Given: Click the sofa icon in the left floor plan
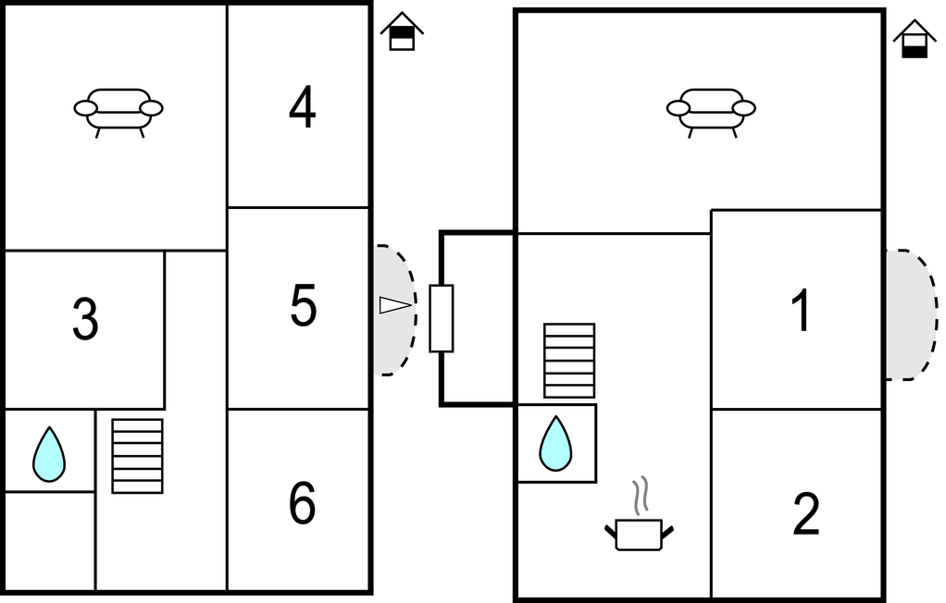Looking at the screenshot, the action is [x=118, y=113].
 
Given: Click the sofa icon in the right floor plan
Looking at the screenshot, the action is [x=711, y=113].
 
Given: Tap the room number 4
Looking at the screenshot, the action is [x=303, y=107].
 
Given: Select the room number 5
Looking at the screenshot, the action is [x=303, y=306].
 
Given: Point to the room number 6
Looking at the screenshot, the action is [x=303, y=503].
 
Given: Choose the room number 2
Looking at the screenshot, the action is [x=806, y=514].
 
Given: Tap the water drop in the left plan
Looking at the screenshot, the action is [x=49, y=455].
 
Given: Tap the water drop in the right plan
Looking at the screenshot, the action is [x=555, y=443].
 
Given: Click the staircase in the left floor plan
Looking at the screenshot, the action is [x=137, y=456].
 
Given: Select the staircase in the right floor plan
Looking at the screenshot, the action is [x=569, y=361].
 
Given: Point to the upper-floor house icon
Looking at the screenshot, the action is [x=402, y=31].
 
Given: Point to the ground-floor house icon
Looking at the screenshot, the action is [x=914, y=39].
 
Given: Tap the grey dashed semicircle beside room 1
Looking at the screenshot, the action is [x=912, y=314].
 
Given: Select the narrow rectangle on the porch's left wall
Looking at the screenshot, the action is [x=441, y=318].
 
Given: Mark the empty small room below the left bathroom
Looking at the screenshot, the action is [x=50, y=541].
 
